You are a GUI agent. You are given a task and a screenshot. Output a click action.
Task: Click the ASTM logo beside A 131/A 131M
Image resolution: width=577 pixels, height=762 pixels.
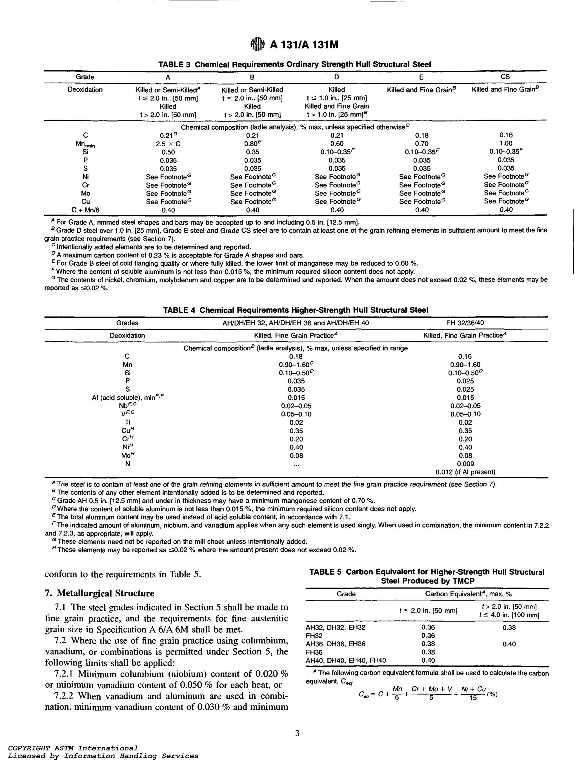click(x=258, y=44)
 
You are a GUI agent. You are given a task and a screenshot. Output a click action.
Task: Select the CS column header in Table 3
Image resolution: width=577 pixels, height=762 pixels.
click(x=505, y=77)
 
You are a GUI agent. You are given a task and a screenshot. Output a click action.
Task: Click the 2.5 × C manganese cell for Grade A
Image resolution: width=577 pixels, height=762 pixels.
click(x=168, y=144)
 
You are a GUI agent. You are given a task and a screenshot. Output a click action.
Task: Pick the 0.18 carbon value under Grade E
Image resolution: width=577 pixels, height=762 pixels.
click(x=421, y=135)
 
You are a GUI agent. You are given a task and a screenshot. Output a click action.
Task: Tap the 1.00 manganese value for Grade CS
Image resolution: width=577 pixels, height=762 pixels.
click(x=506, y=143)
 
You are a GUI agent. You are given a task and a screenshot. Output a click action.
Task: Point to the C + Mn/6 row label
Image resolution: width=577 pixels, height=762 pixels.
click(x=86, y=210)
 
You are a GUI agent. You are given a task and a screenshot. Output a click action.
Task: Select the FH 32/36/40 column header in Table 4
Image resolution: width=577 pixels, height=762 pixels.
click(x=465, y=323)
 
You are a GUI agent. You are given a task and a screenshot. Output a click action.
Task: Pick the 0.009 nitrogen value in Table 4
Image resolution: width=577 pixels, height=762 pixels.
click(x=465, y=464)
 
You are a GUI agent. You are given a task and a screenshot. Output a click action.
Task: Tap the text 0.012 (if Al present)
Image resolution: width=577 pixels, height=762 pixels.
click(x=465, y=472)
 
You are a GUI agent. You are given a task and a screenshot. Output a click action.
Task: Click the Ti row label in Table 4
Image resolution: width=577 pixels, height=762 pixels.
click(x=128, y=422)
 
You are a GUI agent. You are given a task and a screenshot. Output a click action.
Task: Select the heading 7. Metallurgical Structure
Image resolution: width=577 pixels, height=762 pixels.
click(x=100, y=593)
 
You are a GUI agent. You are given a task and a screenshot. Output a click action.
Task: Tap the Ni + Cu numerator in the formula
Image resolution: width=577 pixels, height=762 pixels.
click(x=473, y=689)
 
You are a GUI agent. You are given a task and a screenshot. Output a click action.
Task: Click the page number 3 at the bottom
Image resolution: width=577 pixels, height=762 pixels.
click(x=297, y=733)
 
